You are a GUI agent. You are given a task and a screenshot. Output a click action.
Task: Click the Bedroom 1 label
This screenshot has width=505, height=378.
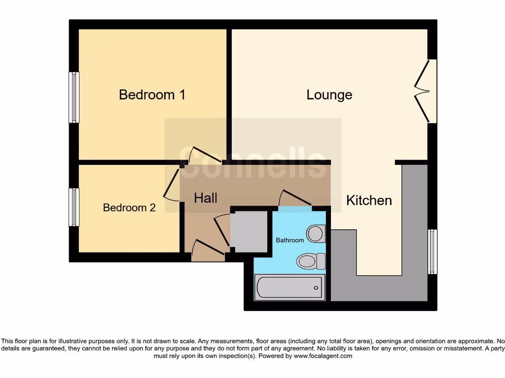click(x=152, y=94)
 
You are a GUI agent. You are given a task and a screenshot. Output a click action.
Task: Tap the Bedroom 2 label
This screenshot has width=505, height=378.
click(x=129, y=208)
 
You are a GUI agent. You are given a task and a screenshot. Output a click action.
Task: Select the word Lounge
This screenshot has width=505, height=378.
click(x=329, y=94)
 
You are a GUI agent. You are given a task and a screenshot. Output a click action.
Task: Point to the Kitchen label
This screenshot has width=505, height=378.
click(x=369, y=200)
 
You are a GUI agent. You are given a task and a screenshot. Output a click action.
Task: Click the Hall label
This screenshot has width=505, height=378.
click(x=206, y=198)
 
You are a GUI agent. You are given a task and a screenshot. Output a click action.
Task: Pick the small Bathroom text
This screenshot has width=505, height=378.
click(x=289, y=240)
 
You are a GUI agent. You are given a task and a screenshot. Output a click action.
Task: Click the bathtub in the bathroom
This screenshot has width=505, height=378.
click(x=290, y=287)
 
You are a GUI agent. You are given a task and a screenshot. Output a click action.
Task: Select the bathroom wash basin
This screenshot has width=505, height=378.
click(x=316, y=233)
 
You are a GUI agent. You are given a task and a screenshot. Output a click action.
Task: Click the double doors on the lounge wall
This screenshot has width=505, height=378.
click(x=423, y=92)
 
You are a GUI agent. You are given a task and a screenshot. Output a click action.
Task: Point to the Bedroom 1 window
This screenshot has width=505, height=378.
click(x=74, y=97)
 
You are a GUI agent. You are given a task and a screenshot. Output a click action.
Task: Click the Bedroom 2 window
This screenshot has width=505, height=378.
click(x=74, y=207)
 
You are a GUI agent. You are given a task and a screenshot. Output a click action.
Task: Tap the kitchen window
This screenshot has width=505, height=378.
click(x=433, y=252)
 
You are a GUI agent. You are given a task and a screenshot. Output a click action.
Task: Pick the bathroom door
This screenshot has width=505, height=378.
click(x=295, y=199)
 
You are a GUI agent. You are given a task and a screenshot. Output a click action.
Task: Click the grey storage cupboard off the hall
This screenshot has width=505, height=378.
click(x=249, y=231)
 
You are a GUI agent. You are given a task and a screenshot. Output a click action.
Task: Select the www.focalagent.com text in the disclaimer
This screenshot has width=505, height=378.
click(x=323, y=356)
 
